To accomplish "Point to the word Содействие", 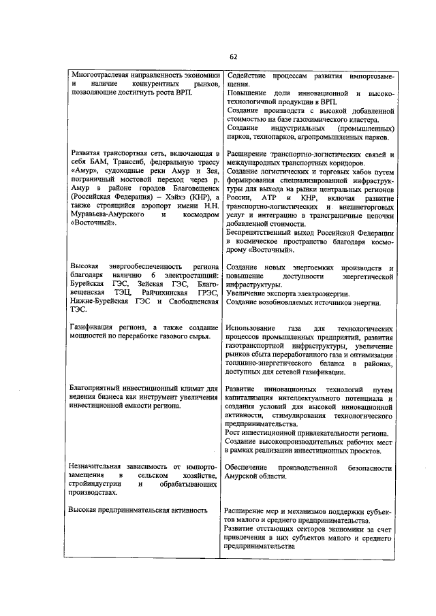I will click(247, 74).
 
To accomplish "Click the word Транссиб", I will click(125, 164).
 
